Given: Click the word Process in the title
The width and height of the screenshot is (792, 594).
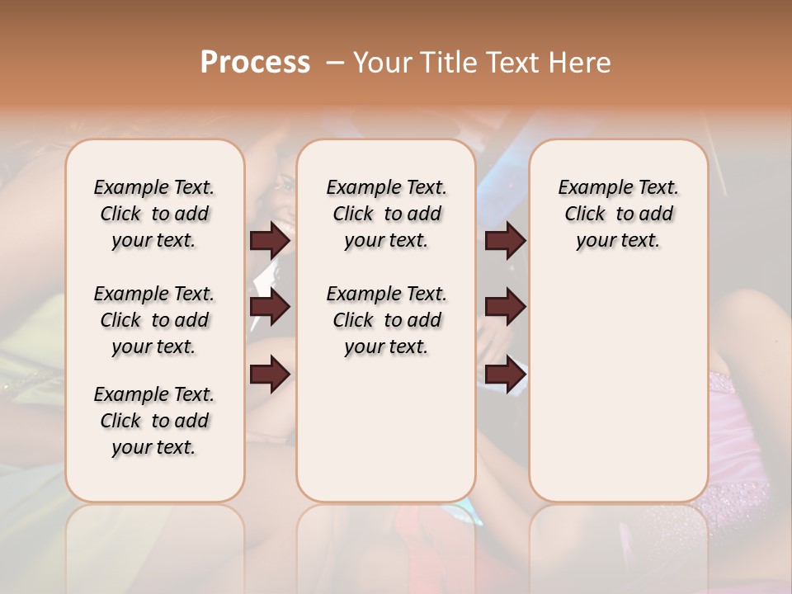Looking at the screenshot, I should [x=255, y=63].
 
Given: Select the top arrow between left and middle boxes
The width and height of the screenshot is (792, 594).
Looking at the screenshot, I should [x=270, y=240].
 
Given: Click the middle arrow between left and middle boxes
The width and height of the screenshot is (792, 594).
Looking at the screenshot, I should [x=270, y=307].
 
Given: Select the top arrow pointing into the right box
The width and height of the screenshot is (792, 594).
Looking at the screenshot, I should [x=505, y=240].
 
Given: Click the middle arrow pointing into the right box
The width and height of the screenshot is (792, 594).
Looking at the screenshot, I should [x=505, y=307].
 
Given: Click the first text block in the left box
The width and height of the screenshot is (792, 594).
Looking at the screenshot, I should [x=154, y=214].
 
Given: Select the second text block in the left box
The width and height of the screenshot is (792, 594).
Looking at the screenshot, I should [x=154, y=320].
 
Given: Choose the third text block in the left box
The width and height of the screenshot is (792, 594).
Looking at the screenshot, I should [x=154, y=421].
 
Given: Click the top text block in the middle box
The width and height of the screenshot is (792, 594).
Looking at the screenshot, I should [x=386, y=214].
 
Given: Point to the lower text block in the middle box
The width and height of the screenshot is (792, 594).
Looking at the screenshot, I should [x=386, y=320].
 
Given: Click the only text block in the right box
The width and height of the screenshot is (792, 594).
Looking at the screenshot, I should [x=618, y=214].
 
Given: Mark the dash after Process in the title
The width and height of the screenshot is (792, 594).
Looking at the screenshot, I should [x=335, y=63].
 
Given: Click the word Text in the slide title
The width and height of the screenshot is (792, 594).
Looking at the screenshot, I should [x=512, y=63].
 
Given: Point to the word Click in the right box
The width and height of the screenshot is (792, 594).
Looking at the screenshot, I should [x=585, y=214].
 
